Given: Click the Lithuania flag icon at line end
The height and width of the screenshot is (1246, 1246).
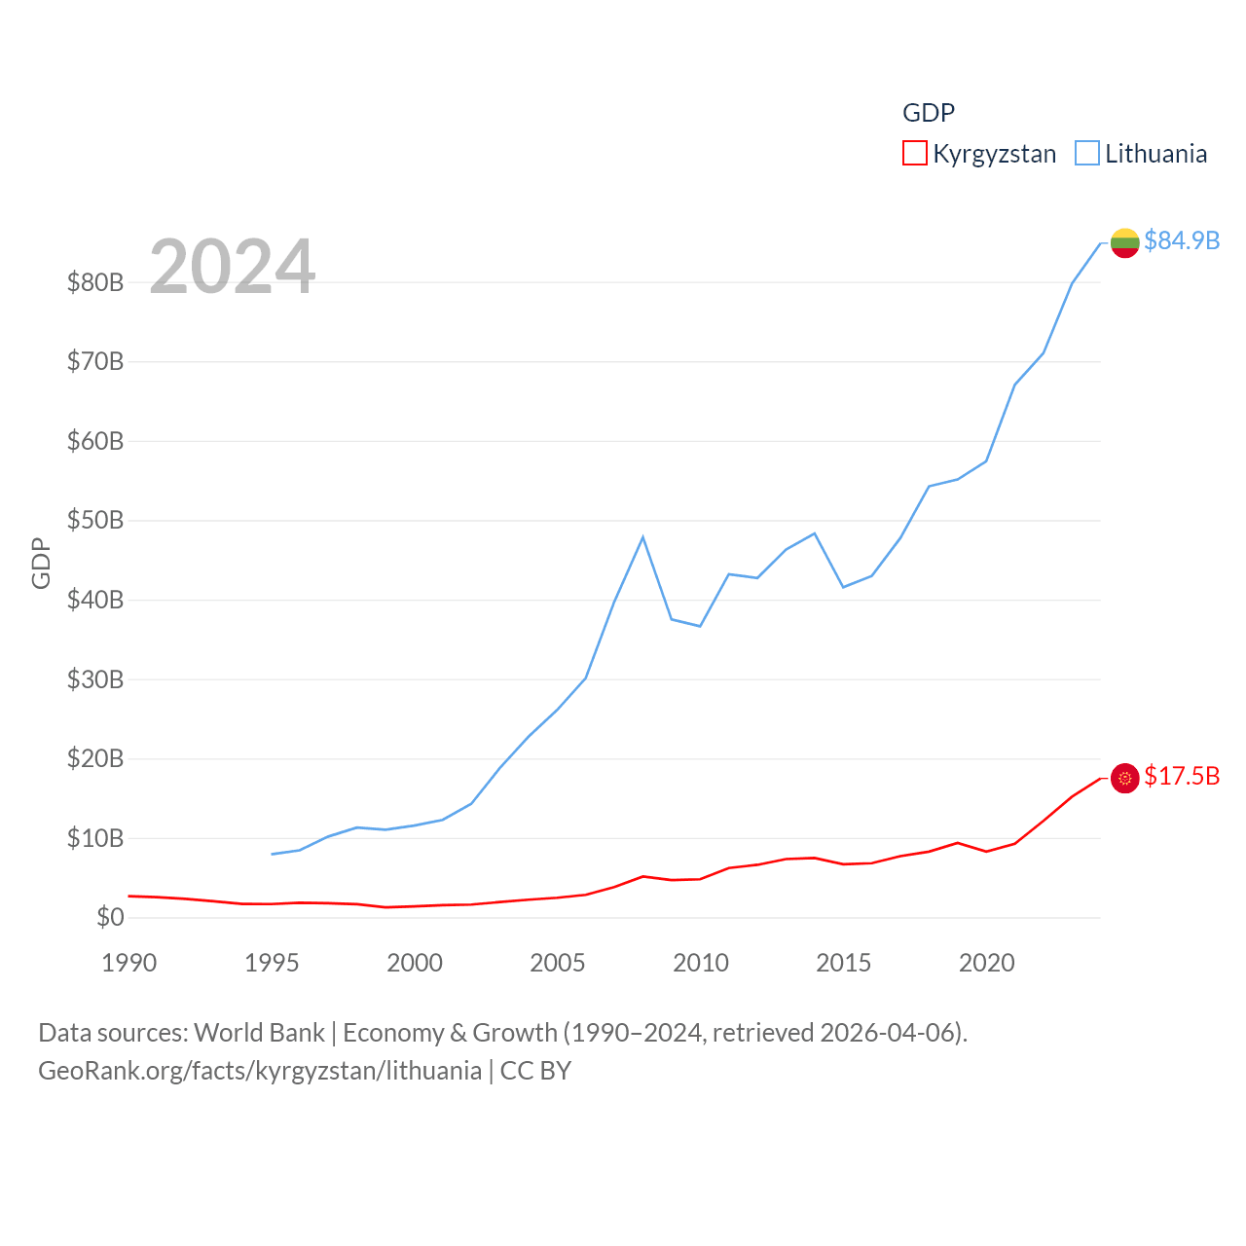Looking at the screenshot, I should [1124, 242].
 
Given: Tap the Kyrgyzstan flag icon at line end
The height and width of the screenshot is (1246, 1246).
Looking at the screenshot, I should [1124, 778].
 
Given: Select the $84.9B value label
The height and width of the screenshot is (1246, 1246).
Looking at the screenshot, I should [1182, 240].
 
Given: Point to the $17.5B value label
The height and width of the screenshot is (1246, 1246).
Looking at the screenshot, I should [1182, 776].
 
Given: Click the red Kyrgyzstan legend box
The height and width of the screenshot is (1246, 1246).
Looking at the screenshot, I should [915, 153].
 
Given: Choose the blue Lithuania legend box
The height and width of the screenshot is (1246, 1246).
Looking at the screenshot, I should [1087, 153].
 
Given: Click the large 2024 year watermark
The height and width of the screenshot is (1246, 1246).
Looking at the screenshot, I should [232, 267].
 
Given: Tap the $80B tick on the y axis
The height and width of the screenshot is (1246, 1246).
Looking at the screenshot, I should [95, 282].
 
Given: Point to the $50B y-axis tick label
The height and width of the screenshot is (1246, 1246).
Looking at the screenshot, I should [95, 520].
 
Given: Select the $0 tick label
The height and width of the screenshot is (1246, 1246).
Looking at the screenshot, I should [110, 917].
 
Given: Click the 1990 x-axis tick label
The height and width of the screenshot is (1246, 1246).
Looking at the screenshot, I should [128, 963].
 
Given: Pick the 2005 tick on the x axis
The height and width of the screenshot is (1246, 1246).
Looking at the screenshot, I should [558, 963].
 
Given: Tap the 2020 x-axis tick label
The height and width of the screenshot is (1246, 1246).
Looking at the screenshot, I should [987, 963].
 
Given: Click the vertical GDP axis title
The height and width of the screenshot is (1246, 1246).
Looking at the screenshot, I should [41, 563].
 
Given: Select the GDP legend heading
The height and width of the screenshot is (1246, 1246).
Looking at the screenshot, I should [929, 113].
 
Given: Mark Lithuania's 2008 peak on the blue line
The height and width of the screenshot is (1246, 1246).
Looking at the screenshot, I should [642, 537].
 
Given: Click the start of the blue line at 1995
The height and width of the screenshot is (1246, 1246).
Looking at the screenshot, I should [273, 854].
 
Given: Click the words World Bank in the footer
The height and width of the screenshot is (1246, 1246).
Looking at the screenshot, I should [259, 1032].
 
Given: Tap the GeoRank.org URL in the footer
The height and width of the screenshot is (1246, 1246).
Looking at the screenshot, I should [260, 1071].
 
